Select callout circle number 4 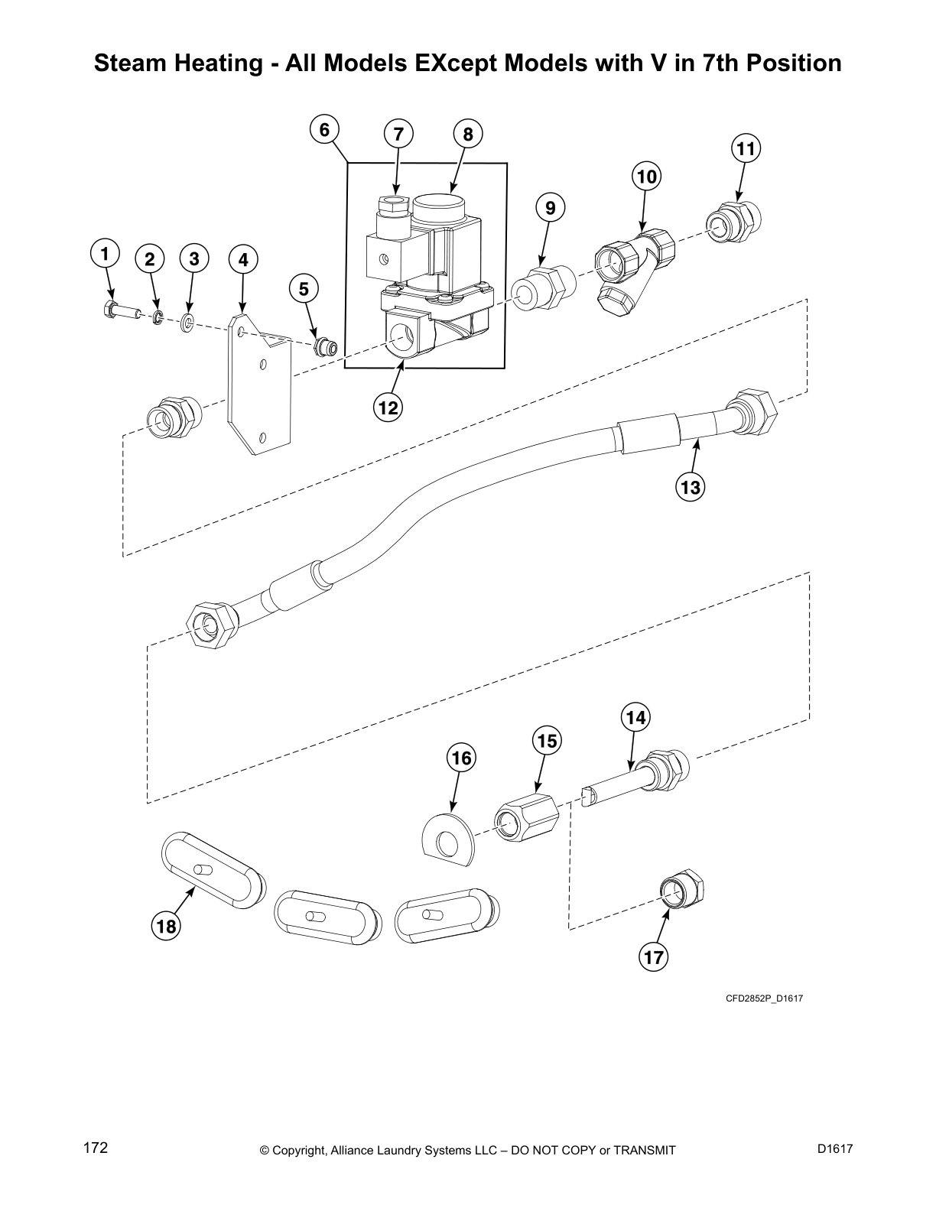pyautogui.click(x=242, y=260)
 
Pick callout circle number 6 pyautogui.click(x=324, y=130)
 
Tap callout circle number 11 pyautogui.click(x=746, y=148)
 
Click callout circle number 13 pyautogui.click(x=690, y=486)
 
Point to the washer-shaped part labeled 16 pyautogui.click(x=449, y=840)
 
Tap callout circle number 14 pyautogui.click(x=636, y=717)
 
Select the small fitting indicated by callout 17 pyautogui.click(x=682, y=891)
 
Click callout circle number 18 pyautogui.click(x=166, y=927)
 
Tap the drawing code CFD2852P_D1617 pyautogui.click(x=764, y=998)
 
